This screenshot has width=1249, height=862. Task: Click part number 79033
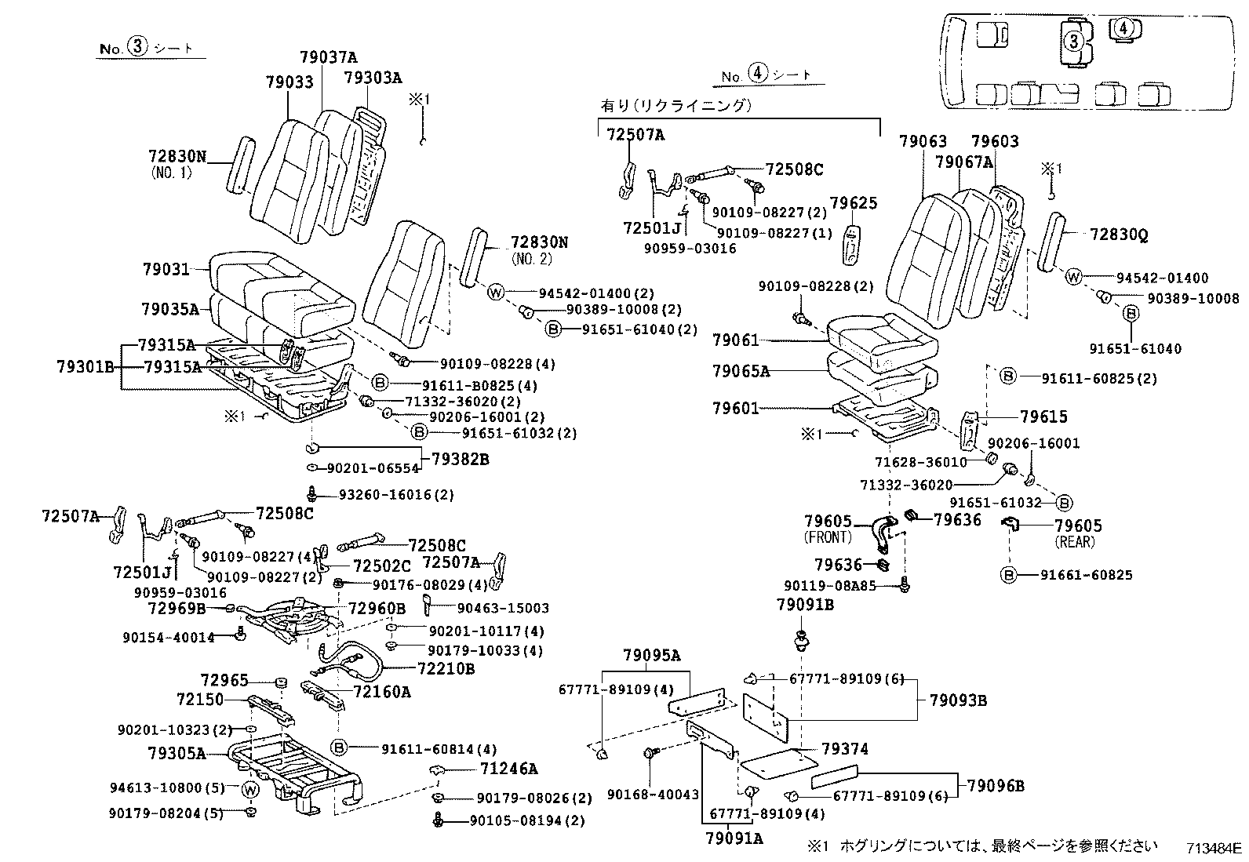(289, 82)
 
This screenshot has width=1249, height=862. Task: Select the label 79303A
(373, 77)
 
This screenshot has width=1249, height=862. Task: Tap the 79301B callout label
(86, 366)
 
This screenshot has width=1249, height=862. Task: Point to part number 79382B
(457, 459)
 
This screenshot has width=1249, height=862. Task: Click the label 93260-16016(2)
(396, 495)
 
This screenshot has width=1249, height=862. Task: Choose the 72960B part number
(377, 608)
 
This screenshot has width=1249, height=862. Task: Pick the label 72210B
(446, 668)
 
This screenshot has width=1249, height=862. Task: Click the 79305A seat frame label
(177, 754)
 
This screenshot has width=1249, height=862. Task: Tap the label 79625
(854, 204)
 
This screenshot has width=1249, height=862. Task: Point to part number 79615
(1043, 416)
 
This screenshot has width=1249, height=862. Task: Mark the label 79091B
(805, 605)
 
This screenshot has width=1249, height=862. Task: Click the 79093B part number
(958, 700)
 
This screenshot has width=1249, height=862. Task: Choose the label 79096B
(995, 785)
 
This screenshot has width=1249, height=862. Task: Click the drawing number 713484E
(1214, 847)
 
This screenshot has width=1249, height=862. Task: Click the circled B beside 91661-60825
(1008, 575)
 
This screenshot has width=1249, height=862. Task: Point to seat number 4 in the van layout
(1123, 27)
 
